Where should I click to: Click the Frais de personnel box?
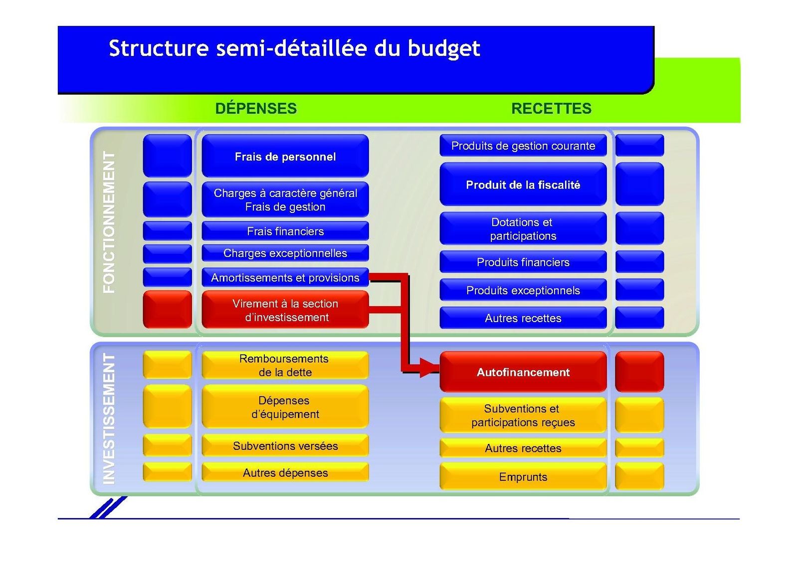285,156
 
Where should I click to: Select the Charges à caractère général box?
285,199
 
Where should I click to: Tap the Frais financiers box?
285,231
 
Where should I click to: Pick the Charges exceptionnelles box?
285,253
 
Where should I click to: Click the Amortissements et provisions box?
285,277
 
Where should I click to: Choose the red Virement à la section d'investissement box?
285,310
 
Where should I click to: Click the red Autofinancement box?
523,372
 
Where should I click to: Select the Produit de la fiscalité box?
523,185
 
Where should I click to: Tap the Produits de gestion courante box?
523,146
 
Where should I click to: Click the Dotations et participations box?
523,229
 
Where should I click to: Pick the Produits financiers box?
523,262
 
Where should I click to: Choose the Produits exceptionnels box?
523,290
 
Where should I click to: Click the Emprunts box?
523,477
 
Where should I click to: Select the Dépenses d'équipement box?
285,407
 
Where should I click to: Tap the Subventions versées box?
285,446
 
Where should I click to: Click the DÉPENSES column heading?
256,108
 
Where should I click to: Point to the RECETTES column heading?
551,108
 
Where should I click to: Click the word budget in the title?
443,49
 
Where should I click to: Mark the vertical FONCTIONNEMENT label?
109,222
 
